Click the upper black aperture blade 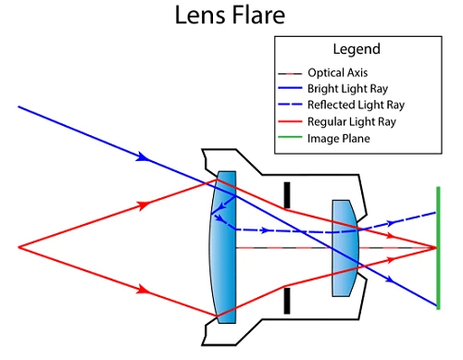pos(287,193)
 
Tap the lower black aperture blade pos(287,300)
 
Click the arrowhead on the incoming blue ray pos(143,157)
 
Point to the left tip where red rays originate pos(19,246)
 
